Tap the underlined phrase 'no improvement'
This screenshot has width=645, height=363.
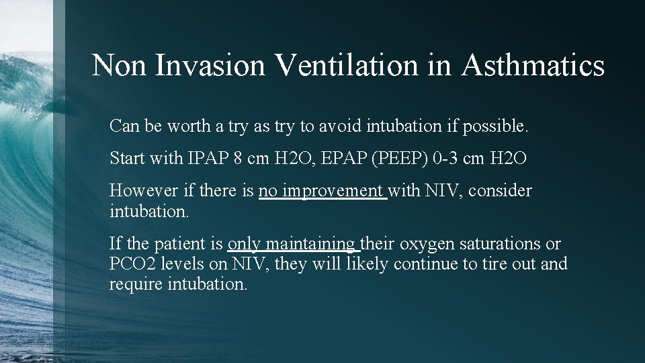pos(322,191)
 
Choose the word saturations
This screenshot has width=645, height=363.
pos(501,244)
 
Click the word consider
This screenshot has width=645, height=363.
pos(500,191)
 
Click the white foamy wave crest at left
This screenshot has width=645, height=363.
pos(27,67)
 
